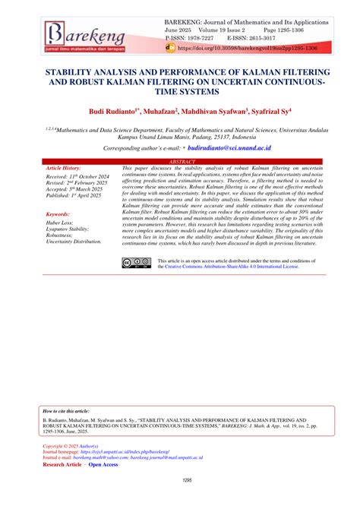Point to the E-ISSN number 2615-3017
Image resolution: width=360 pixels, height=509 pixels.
(x=260, y=36)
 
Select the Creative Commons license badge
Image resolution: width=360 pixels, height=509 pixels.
(x=138, y=263)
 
